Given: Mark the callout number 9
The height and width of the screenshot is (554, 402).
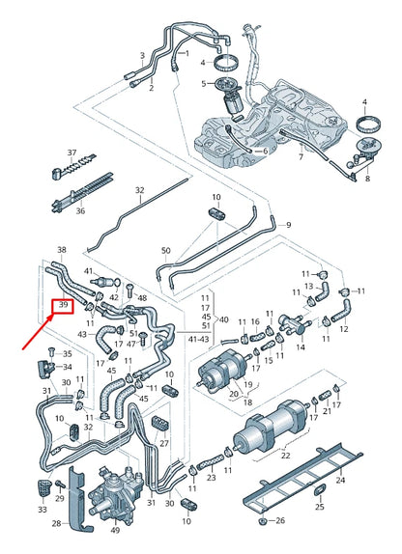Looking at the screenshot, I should point(261,226).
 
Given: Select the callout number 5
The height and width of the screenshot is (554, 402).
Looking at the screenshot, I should point(203,83).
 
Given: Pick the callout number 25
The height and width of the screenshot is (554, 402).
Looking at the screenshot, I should point(320,506).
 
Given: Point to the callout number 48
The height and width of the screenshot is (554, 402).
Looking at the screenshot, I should point(142,298).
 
